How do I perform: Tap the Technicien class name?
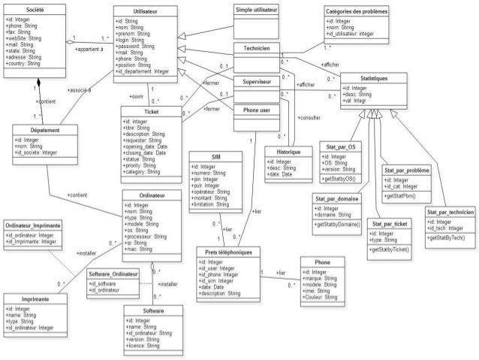(x=256, y=47)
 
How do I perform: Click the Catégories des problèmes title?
(x=357, y=13)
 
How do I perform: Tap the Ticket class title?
(x=151, y=111)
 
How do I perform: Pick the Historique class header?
(x=282, y=151)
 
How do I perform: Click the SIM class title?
(x=216, y=156)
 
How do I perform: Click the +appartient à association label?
(x=91, y=47)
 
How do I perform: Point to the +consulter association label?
(x=309, y=119)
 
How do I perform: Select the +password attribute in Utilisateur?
(x=135, y=47)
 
